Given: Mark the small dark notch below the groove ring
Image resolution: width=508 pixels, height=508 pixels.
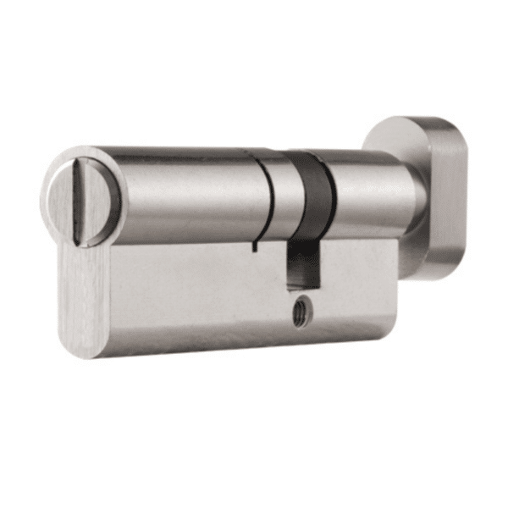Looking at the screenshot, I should (254, 248).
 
